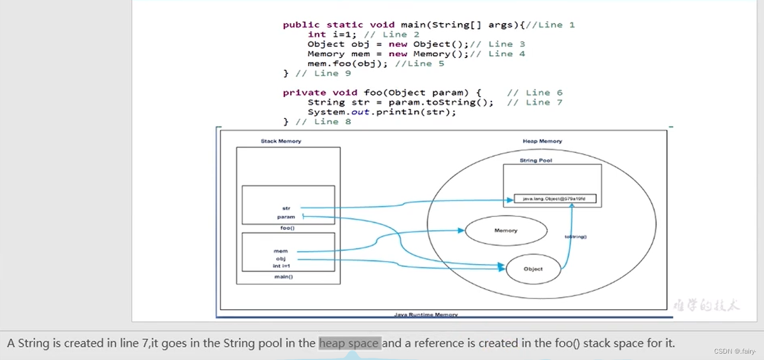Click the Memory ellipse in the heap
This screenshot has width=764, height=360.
[506, 231]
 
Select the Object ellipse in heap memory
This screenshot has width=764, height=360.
[533, 269]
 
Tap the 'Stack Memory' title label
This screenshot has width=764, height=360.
[281, 141]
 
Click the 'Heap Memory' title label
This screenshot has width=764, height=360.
[542, 141]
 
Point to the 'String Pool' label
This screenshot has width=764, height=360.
[536, 160]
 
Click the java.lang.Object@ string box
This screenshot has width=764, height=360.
[555, 199]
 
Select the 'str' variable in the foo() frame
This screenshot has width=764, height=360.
[286, 208]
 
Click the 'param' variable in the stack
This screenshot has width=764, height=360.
[286, 217]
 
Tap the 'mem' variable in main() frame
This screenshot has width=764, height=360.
[281, 251]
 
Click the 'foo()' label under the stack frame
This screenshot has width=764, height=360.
[288, 228]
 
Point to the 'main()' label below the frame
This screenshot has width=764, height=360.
[284, 277]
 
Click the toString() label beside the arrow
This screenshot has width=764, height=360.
[576, 236]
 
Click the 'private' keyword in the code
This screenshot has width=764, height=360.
[300, 93]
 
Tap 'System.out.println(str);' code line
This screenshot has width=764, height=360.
[382, 112]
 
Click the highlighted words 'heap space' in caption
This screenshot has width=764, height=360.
[350, 343]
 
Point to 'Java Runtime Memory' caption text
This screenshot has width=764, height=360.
[426, 315]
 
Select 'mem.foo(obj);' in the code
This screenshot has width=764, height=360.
[349, 64]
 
